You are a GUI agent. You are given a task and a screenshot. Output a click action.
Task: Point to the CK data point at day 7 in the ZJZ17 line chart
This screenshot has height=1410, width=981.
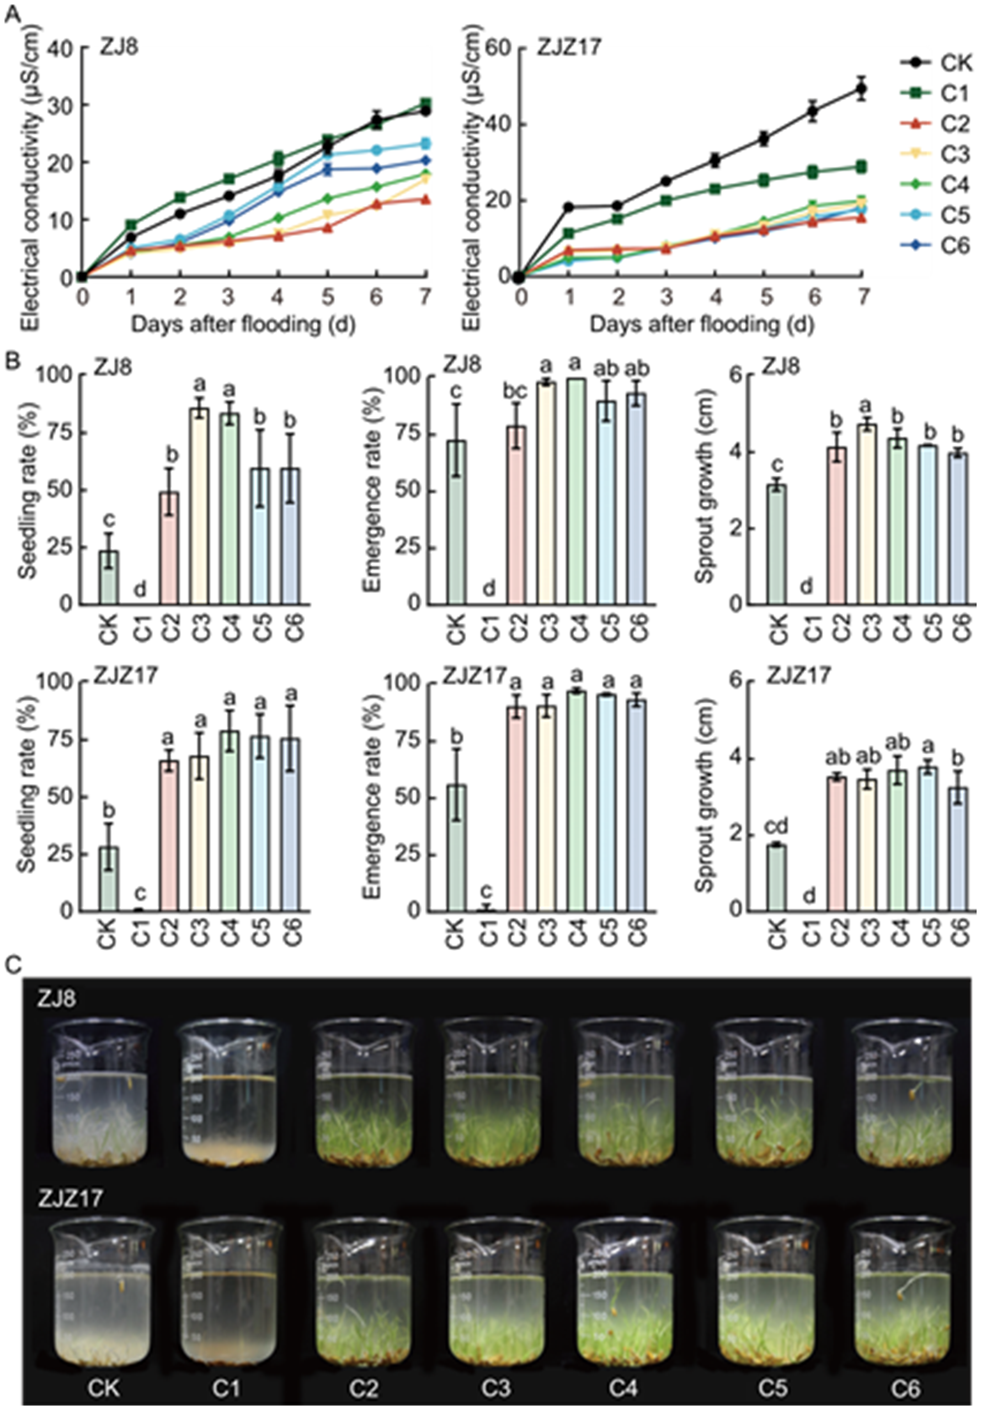pos(861,89)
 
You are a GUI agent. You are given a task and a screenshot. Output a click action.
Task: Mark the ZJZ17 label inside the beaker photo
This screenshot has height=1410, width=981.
pos(69,1198)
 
